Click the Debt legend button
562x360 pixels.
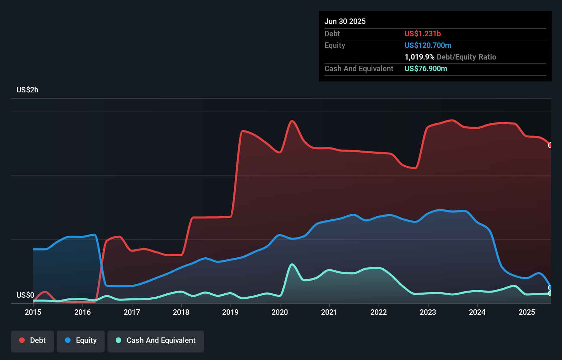(x=32, y=341)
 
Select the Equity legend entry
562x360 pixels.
(x=81, y=341)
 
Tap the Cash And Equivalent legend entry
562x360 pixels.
(x=156, y=341)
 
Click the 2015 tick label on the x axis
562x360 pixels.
(x=33, y=312)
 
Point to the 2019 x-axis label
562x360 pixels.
(x=230, y=312)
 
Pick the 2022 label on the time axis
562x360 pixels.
(x=379, y=312)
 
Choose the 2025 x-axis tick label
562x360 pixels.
(x=527, y=312)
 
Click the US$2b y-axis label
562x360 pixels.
(x=27, y=90)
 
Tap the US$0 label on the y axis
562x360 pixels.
(x=25, y=295)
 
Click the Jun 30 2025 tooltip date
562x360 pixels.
(x=345, y=22)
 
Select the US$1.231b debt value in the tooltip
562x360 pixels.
(x=422, y=34)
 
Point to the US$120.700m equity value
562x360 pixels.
(x=428, y=46)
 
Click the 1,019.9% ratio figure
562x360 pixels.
(x=419, y=57)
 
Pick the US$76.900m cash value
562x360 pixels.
(x=426, y=69)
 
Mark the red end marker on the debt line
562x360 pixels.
(x=550, y=145)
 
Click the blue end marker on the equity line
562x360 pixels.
(x=550, y=288)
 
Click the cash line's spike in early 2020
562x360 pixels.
(x=292, y=264)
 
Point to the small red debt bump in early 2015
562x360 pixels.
(x=45, y=292)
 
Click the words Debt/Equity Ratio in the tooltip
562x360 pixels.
(x=466, y=57)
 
